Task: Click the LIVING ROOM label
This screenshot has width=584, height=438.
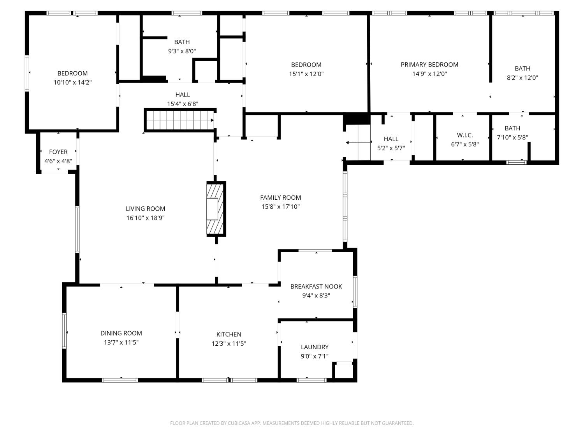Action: [145, 209]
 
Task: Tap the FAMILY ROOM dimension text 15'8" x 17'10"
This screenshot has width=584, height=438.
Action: [280, 207]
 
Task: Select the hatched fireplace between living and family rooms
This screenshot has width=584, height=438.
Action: [216, 209]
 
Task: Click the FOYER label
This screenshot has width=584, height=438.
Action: [58, 152]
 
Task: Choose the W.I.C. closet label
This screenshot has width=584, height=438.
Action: [465, 135]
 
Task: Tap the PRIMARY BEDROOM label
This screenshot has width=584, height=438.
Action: [429, 65]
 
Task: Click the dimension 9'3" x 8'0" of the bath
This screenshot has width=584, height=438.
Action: [182, 51]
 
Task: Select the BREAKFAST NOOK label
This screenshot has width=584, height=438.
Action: [316, 287]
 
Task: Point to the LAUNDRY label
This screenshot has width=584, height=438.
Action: [315, 347]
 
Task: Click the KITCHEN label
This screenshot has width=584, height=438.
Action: [229, 334]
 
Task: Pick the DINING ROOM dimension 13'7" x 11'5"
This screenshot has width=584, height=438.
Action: [121, 342]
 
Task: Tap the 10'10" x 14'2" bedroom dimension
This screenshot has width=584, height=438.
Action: [73, 83]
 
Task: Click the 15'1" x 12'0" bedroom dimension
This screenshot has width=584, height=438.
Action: [306, 74]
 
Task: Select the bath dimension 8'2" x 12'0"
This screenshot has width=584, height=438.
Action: [522, 77]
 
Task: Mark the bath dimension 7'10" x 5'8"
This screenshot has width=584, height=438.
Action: [512, 137]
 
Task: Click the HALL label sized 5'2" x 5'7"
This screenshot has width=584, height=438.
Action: [391, 139]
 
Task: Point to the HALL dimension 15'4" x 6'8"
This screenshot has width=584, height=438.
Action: [183, 104]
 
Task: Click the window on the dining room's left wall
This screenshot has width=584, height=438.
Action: [64, 331]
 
